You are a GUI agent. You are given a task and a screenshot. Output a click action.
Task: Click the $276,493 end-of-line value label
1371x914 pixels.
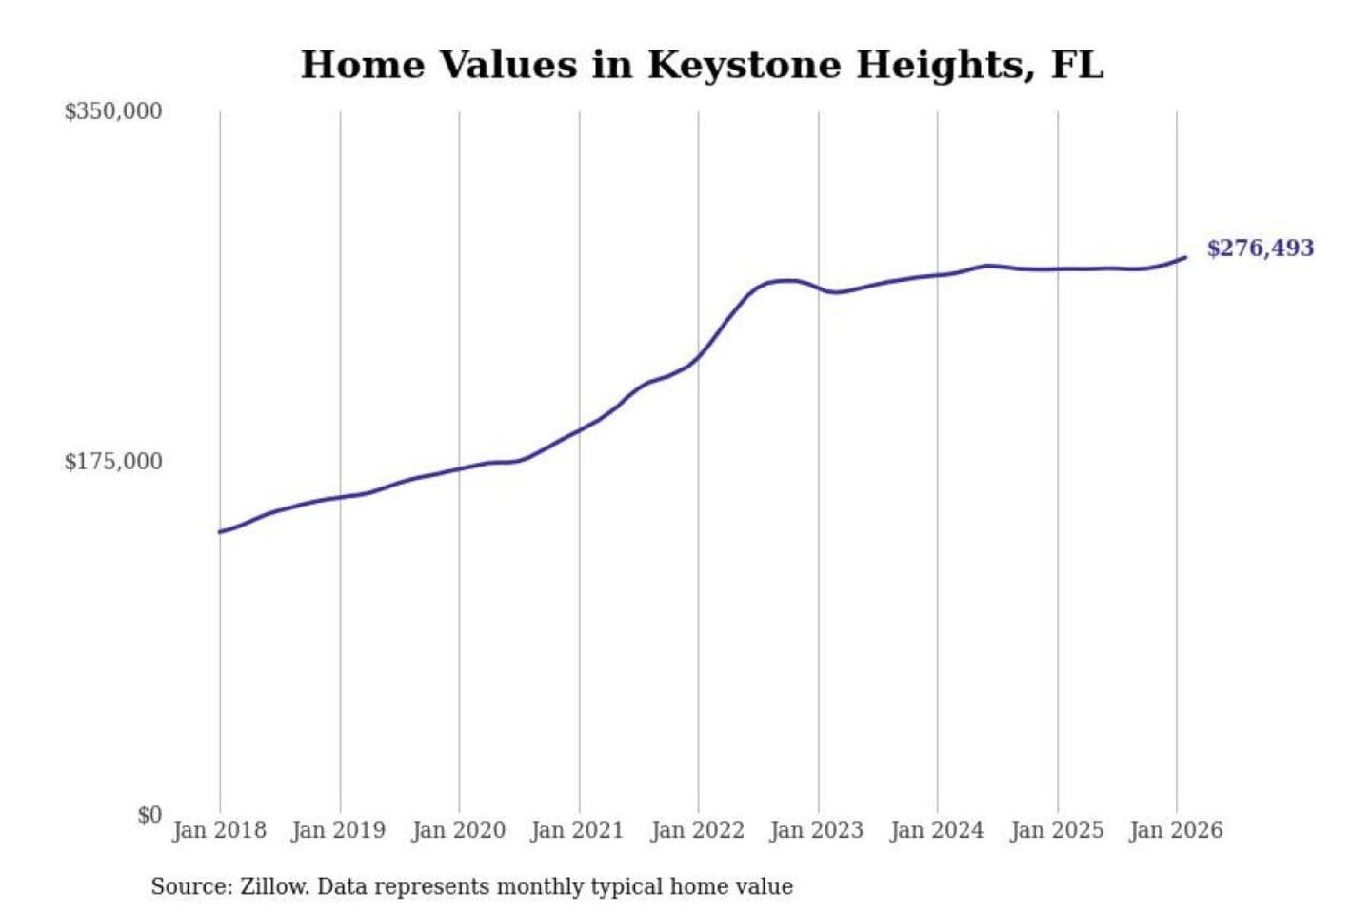click(x=1260, y=248)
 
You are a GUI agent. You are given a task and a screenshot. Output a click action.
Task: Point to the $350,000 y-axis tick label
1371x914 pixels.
click(x=112, y=111)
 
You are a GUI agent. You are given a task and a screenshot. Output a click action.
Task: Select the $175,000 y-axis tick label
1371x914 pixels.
click(x=112, y=462)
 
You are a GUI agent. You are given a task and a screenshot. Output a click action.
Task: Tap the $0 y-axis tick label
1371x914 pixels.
click(x=149, y=815)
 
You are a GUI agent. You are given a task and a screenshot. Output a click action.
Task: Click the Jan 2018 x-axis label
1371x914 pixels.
click(x=219, y=830)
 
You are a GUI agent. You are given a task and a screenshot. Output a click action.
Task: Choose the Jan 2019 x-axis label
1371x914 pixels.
click(x=338, y=830)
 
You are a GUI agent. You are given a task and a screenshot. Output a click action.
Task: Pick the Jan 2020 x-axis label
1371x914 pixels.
click(x=458, y=830)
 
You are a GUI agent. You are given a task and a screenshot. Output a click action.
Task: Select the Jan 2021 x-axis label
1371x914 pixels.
click(x=577, y=830)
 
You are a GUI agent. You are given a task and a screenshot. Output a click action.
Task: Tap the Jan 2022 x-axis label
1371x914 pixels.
click(x=697, y=830)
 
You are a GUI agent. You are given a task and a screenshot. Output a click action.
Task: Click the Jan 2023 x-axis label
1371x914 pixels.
click(x=816, y=830)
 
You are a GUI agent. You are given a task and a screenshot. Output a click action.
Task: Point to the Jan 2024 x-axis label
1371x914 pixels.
click(x=936, y=830)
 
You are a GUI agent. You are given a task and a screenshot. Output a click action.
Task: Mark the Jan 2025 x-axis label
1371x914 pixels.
click(x=1056, y=830)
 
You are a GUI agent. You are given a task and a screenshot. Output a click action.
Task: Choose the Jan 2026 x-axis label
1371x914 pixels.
click(x=1175, y=830)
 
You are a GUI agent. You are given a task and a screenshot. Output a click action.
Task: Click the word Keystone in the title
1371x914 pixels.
click(x=745, y=66)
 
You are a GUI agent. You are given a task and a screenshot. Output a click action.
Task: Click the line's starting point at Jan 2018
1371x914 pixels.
click(x=220, y=532)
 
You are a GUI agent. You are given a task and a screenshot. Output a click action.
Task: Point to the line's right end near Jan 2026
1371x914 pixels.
click(x=1184, y=257)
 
